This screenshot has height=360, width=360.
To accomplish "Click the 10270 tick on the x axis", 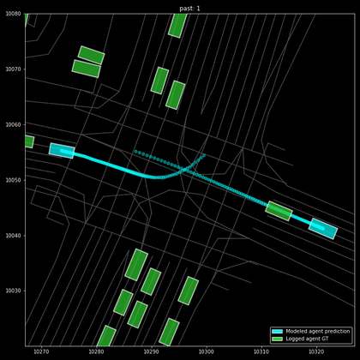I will [x=41, y=352].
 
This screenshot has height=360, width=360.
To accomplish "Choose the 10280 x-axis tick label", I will [x=96, y=352].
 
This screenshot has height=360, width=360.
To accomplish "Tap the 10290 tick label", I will [x=151, y=352].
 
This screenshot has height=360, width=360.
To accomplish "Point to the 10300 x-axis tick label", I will [x=207, y=352].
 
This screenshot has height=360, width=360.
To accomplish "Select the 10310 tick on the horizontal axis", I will [x=261, y=352].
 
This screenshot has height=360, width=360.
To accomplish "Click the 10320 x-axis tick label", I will [x=316, y=352].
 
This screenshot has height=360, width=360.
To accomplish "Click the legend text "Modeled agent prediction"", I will [x=318, y=331].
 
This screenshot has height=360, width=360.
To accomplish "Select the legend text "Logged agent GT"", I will [x=307, y=339].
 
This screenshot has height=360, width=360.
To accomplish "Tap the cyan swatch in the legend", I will [x=277, y=331].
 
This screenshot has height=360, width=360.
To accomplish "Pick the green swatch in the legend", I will [x=277, y=339].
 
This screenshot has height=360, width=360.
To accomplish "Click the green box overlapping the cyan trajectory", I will [x=279, y=211].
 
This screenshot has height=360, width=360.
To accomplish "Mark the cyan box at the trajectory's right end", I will [x=323, y=228].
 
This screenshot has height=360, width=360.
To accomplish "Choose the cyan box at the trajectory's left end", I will [x=62, y=151].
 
